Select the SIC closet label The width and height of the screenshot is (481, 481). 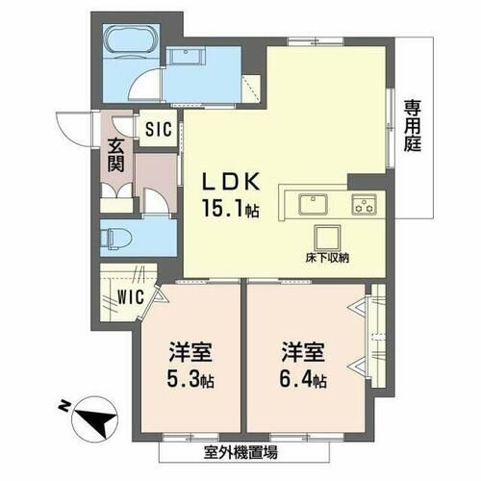click(x=160, y=127)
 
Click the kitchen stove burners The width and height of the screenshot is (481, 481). click(x=363, y=203)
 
